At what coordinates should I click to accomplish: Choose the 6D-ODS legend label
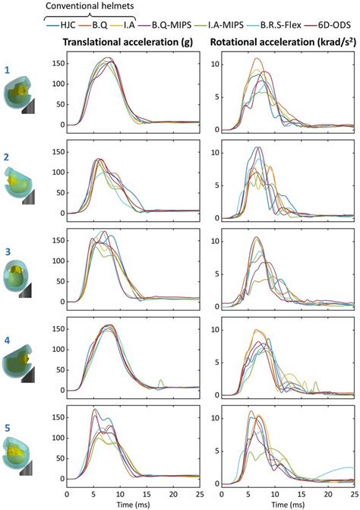coord(333,24)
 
